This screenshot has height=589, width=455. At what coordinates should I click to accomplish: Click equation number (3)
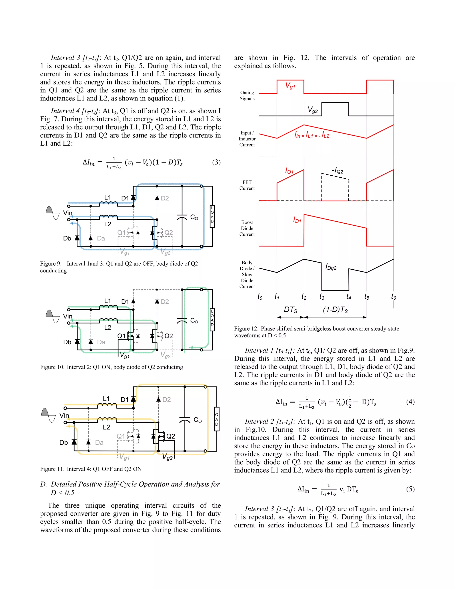pyautogui.click(x=216, y=162)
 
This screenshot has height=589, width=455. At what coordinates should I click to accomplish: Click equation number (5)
pyautogui.click(x=410, y=489)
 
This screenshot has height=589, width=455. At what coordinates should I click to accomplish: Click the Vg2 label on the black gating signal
pyautogui.click(x=313, y=110)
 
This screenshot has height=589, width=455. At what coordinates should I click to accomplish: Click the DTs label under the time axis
pyautogui.click(x=290, y=310)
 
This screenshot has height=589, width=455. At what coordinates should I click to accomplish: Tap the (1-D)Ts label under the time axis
pyautogui.click(x=335, y=310)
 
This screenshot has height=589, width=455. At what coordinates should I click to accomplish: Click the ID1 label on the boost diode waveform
pyautogui.click(x=297, y=220)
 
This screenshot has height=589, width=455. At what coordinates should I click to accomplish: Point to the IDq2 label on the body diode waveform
pyautogui.click(x=331, y=267)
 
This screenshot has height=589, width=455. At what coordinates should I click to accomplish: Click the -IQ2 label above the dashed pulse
pyautogui.click(x=337, y=170)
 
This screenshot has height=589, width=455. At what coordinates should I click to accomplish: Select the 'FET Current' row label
pyautogui.click(x=247, y=185)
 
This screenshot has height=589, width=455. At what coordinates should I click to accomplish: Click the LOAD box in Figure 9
pyautogui.click(x=212, y=216)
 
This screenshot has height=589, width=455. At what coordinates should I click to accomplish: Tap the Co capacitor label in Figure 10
pyautogui.click(x=194, y=321)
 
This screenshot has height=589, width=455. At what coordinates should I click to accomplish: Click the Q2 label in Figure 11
pyautogui.click(x=171, y=436)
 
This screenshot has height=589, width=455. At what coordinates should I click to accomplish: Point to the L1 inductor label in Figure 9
pyautogui.click(x=108, y=197)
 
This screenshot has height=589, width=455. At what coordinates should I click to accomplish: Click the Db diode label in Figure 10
pyautogui.click(x=67, y=342)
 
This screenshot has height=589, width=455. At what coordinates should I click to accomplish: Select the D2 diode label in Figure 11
pyautogui.click(x=167, y=399)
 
